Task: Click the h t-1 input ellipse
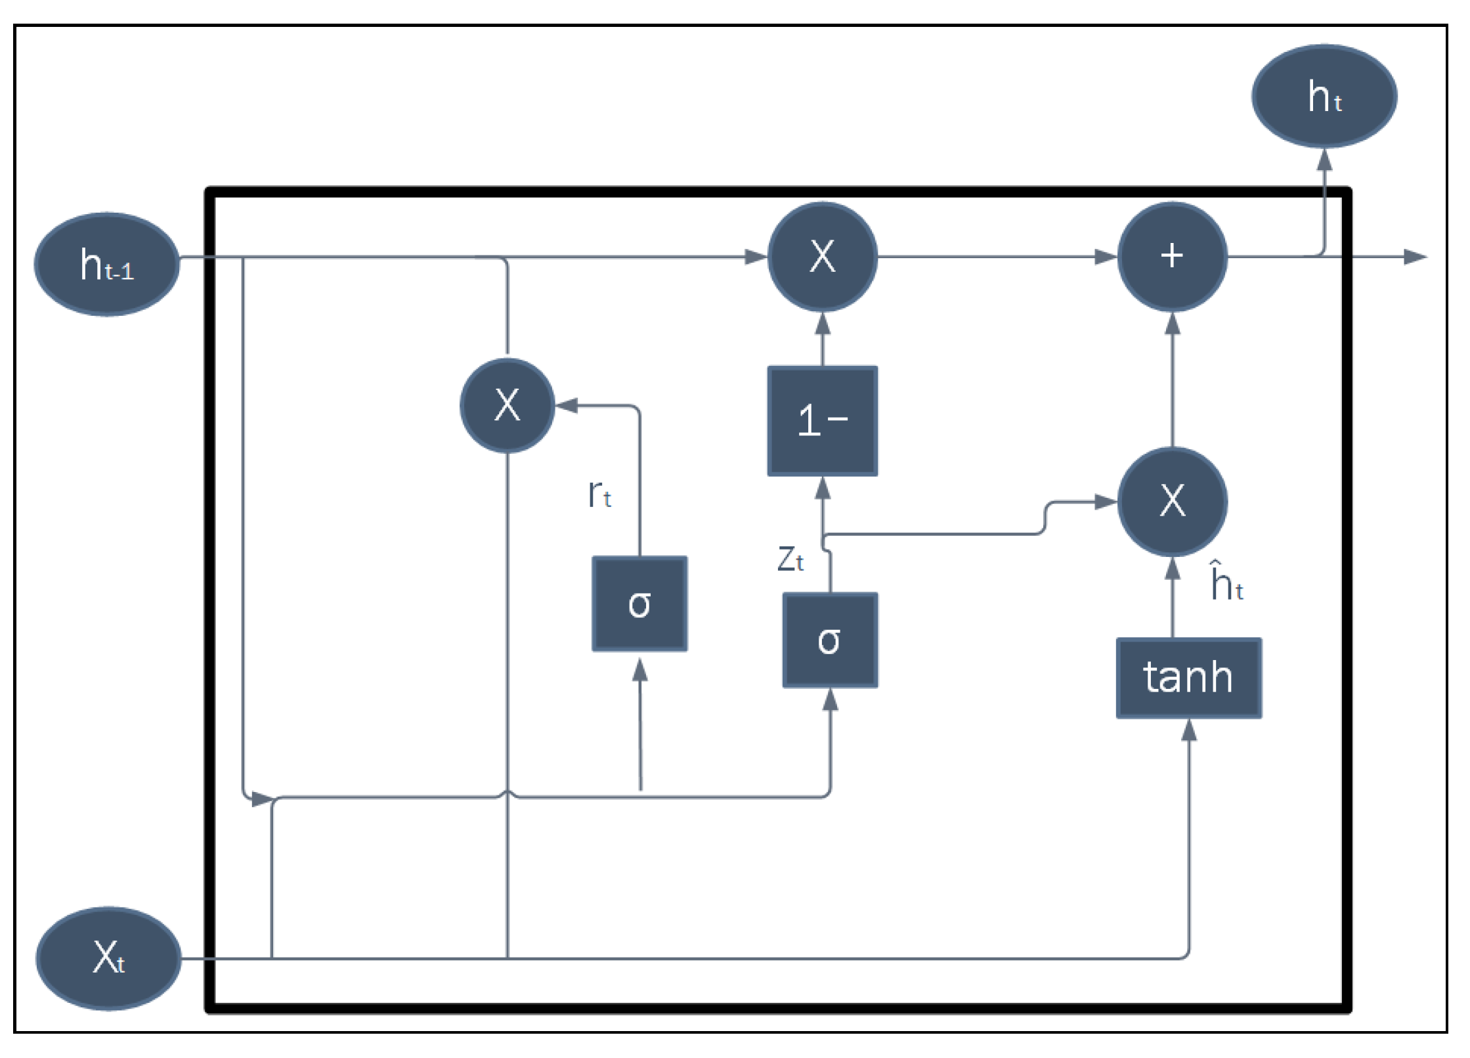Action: (x=107, y=264)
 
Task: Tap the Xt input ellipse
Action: (x=108, y=958)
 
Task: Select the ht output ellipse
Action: (x=1324, y=96)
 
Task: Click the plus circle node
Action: (x=1172, y=256)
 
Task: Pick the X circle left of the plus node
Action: (x=822, y=256)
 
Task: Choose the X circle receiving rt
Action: (x=507, y=405)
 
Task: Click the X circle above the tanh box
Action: (x=1172, y=501)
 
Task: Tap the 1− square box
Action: (x=822, y=421)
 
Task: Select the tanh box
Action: (x=1188, y=678)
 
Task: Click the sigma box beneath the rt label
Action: (x=639, y=604)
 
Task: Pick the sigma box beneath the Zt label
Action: (x=830, y=640)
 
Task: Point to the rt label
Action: (x=599, y=494)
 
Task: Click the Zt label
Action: (x=790, y=560)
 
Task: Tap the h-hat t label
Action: (x=1226, y=582)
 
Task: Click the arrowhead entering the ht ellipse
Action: (x=1324, y=160)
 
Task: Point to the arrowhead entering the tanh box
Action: (x=1189, y=730)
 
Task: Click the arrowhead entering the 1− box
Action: (x=822, y=488)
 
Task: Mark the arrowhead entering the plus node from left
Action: (x=1106, y=257)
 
